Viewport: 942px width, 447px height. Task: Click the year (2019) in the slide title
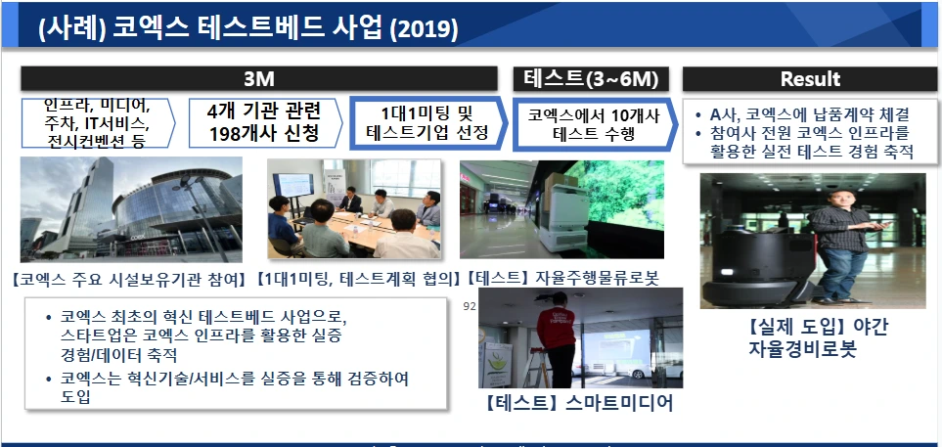[x=425, y=28]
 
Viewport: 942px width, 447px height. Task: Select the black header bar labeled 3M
[x=259, y=78]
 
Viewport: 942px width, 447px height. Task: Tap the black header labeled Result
[x=810, y=78]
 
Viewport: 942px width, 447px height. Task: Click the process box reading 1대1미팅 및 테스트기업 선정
[x=427, y=122]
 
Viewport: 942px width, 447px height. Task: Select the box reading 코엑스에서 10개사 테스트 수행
[x=595, y=124]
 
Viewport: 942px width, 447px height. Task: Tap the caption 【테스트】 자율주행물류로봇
[x=561, y=278]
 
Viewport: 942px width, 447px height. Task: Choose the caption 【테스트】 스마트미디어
[x=579, y=403]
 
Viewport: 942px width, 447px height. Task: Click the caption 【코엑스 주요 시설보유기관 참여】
[x=128, y=279]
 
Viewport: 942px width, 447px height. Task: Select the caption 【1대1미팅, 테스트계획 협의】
[x=358, y=278]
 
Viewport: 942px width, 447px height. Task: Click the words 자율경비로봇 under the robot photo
[x=801, y=349]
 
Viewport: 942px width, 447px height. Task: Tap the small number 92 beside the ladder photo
[x=470, y=306]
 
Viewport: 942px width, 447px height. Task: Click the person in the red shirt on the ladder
[x=558, y=339]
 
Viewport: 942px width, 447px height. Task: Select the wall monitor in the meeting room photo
[x=293, y=186]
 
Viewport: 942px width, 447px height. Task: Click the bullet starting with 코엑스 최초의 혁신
[x=203, y=335]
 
